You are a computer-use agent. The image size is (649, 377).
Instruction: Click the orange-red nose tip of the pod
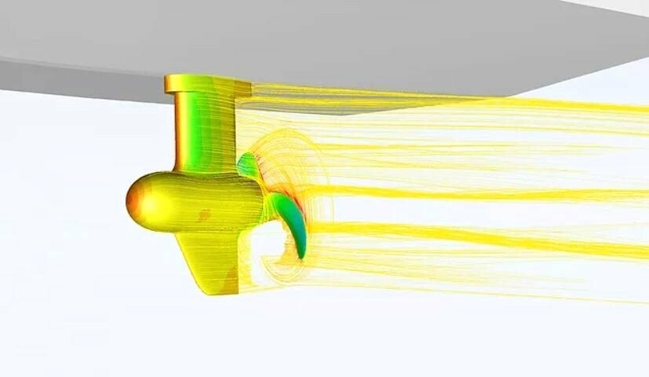click(131, 201)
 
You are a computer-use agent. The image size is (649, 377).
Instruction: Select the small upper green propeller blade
click(248, 165)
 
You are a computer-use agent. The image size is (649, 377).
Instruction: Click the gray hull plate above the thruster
click(314, 39)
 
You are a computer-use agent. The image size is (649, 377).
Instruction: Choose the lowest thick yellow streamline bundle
click(471, 236)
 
